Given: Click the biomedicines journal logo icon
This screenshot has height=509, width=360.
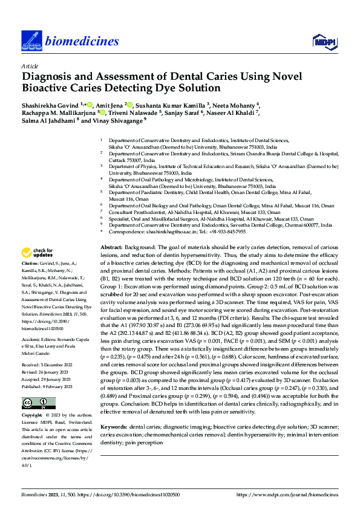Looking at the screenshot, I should (x=30, y=40).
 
